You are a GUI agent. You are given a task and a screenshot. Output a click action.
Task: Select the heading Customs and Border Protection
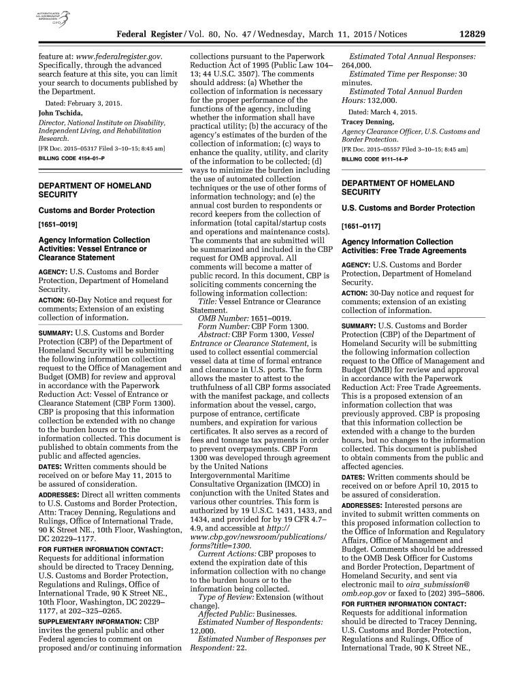97,210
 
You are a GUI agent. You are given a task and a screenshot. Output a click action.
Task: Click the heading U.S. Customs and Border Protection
408,208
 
